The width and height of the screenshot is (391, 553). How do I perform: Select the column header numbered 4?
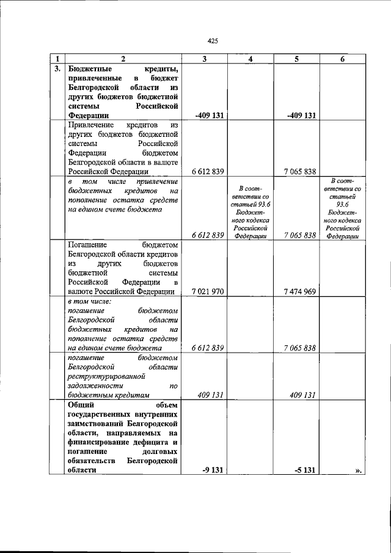click(x=250, y=59)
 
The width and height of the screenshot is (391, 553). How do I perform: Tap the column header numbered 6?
click(x=342, y=59)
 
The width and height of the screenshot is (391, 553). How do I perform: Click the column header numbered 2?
click(x=123, y=59)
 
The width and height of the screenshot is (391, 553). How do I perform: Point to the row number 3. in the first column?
click(x=57, y=68)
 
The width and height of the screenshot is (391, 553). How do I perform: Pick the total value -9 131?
click(x=211, y=470)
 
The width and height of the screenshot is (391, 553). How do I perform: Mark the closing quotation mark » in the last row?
click(x=358, y=470)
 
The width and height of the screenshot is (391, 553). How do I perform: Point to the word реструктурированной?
click(x=107, y=375)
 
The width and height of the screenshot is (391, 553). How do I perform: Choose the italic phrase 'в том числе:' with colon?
click(x=89, y=301)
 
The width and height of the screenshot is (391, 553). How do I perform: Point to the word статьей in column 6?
click(x=342, y=197)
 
